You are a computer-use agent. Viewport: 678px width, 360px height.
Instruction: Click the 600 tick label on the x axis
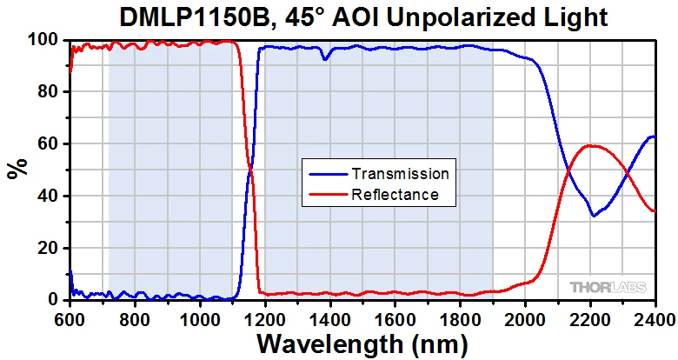70,317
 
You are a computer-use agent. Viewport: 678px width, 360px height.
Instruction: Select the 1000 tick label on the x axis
200,317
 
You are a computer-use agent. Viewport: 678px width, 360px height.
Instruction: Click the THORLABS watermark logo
609,286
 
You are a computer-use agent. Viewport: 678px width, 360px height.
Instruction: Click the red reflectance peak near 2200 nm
592,146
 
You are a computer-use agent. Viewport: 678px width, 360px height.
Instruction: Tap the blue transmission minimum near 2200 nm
594,215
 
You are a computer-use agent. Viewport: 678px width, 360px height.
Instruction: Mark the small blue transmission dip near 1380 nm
325,58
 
